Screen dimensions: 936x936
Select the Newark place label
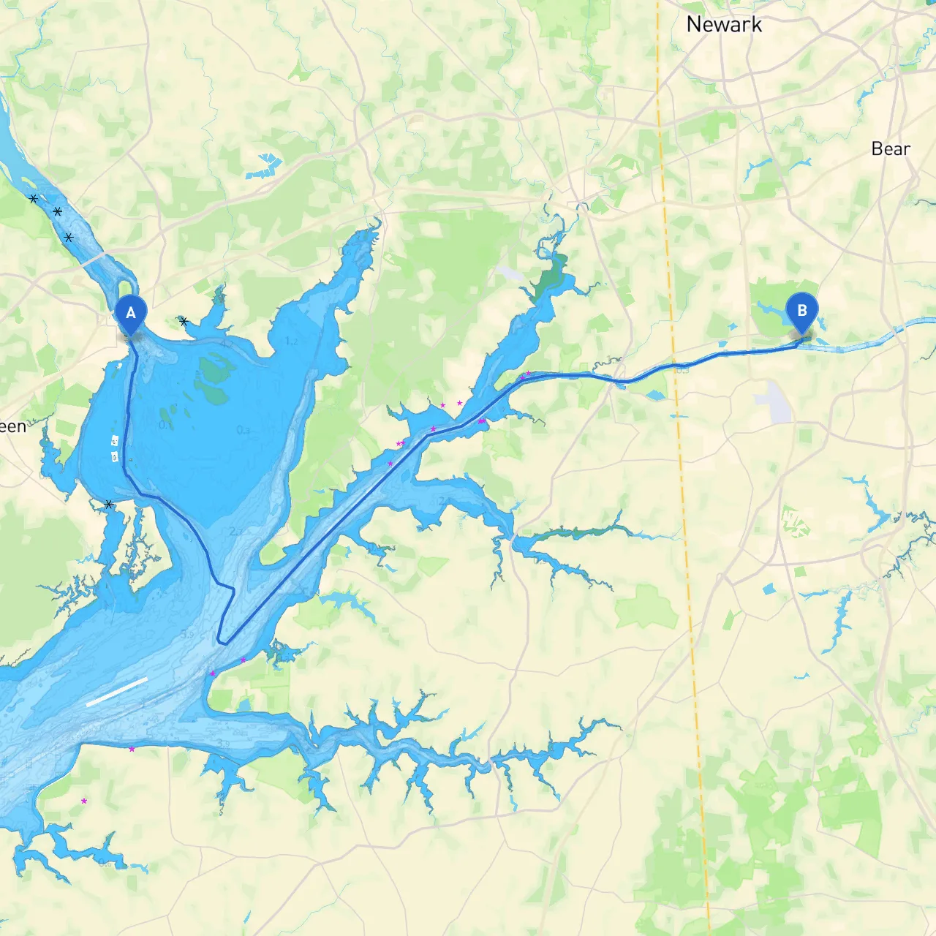[x=724, y=25]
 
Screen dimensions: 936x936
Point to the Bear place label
[x=890, y=149]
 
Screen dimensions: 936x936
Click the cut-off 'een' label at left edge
[x=12, y=426]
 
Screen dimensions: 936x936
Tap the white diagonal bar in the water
[x=117, y=691]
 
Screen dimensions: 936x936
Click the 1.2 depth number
[x=292, y=341]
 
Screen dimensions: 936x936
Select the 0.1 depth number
[x=166, y=425]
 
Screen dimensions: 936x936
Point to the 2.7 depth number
[x=235, y=532]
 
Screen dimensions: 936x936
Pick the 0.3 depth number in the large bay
[x=244, y=430]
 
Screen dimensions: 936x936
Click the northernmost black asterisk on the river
[x=33, y=198]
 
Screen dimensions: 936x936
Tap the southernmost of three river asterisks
[x=69, y=237]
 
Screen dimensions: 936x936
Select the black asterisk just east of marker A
[x=184, y=321]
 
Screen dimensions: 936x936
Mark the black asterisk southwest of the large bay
[x=109, y=505]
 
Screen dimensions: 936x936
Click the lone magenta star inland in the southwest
[x=84, y=801]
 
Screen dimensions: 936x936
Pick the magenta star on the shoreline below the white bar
[x=132, y=749]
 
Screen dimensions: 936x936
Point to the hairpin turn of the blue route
[x=222, y=641]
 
